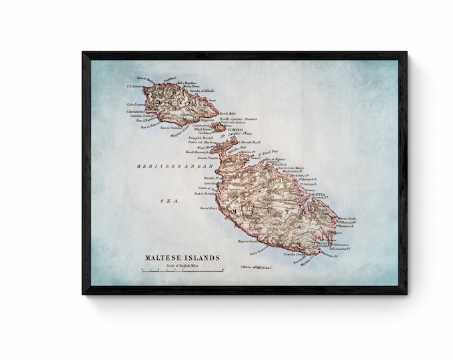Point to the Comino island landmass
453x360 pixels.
(218, 126)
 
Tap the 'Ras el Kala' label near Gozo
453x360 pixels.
(228, 113)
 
